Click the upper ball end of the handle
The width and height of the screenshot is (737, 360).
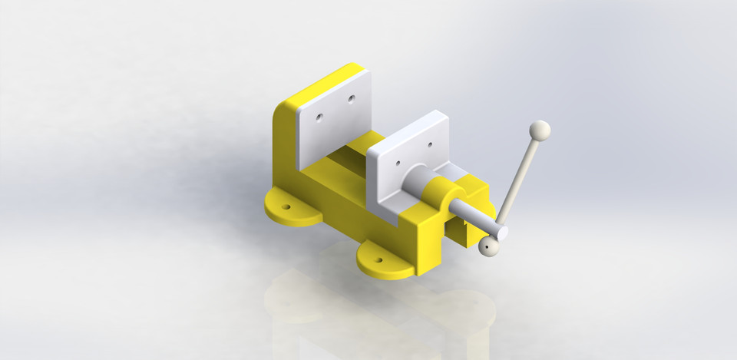point(540,130)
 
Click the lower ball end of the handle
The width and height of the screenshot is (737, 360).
point(489,246)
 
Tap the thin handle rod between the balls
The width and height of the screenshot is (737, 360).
point(519,180)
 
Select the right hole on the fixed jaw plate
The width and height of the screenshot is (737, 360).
point(351,99)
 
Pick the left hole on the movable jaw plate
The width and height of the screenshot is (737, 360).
point(398,162)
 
